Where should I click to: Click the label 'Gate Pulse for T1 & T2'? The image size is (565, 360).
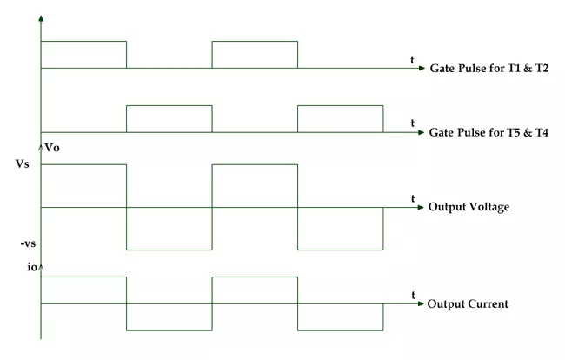[x=489, y=68]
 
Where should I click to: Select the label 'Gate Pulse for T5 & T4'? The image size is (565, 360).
[x=489, y=132]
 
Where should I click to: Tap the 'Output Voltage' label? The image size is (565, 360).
[x=469, y=207]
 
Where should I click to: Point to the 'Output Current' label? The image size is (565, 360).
[x=468, y=303]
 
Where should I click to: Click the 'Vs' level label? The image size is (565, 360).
[x=22, y=164]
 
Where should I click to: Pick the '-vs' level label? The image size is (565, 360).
[x=28, y=243]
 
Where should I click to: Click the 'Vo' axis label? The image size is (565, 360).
[x=52, y=148]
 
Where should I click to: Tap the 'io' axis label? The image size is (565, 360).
[x=32, y=267]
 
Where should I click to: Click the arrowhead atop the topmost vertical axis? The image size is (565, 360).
[x=41, y=18]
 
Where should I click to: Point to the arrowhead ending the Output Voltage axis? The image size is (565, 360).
[x=421, y=207]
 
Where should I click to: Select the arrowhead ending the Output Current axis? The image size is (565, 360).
[x=421, y=303]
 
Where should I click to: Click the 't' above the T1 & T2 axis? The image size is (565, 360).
[x=412, y=60]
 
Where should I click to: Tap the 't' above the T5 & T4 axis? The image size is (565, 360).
[x=413, y=123]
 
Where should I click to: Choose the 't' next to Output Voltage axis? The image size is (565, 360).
[x=413, y=198]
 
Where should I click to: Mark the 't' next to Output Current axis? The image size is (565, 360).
[x=413, y=295]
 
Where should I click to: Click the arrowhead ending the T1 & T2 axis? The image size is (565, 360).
[x=422, y=68]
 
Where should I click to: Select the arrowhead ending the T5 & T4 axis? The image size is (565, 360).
[x=422, y=132]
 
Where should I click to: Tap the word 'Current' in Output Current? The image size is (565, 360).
[x=488, y=303]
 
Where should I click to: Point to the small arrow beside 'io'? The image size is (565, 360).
[x=41, y=268]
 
